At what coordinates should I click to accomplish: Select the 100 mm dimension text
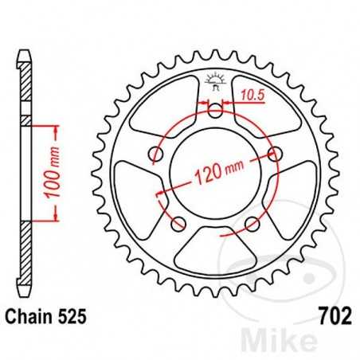47,171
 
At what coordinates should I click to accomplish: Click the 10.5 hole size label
252,93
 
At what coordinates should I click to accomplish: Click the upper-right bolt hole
276,154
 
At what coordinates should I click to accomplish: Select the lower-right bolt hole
254,222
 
